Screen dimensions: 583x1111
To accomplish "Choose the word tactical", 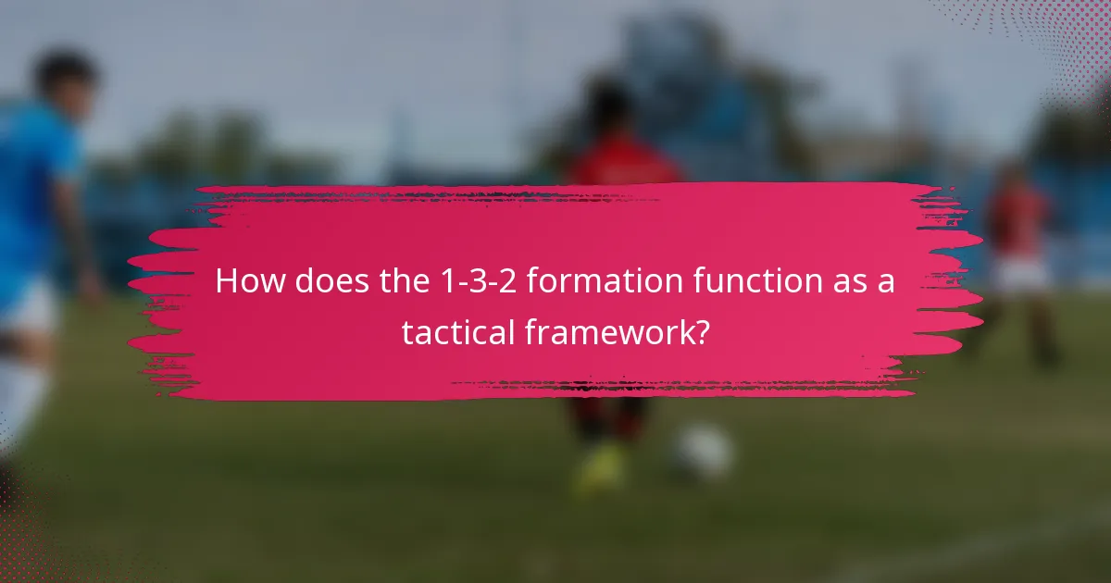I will [457, 333].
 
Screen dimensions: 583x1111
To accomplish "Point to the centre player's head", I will [610, 106].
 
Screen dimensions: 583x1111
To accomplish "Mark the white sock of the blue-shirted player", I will [19, 398].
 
